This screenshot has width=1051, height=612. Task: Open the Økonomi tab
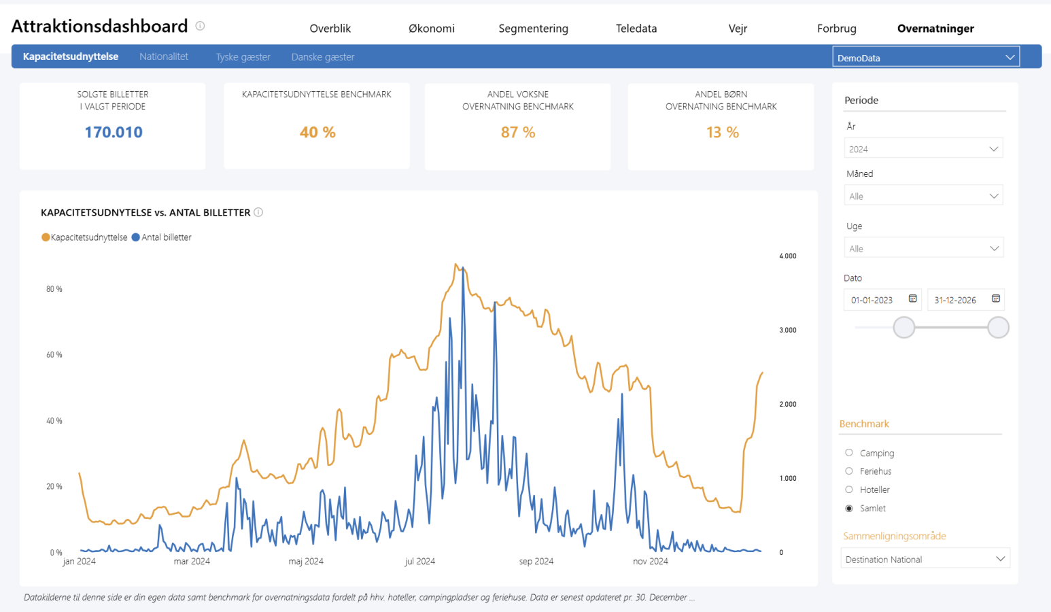coord(431,28)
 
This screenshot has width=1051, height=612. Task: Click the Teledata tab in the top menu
coord(636,28)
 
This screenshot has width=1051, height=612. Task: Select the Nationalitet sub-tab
coord(164,56)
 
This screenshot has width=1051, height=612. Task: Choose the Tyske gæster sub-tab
coord(243,57)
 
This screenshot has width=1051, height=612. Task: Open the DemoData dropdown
coord(926,58)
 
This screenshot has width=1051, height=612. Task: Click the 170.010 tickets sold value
coord(113,132)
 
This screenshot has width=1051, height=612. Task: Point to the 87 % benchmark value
coord(517,132)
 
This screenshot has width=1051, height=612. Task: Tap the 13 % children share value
coord(722,132)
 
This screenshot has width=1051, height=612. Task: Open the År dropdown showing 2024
coord(923,149)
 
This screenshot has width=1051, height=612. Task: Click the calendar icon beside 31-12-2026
coord(996,299)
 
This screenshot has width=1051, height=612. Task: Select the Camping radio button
coord(849,452)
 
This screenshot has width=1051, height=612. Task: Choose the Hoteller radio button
coord(849,490)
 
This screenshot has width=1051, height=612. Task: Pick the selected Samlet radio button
coord(849,508)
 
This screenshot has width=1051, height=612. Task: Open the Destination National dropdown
coord(925,559)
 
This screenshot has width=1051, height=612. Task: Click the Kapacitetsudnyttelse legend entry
coord(84,237)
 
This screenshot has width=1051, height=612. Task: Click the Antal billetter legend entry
coord(161,237)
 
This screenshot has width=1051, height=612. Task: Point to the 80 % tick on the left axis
coord(54,288)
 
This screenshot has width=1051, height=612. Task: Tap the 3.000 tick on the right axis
coord(788,330)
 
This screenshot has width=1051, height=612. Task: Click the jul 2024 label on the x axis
coord(419,561)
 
